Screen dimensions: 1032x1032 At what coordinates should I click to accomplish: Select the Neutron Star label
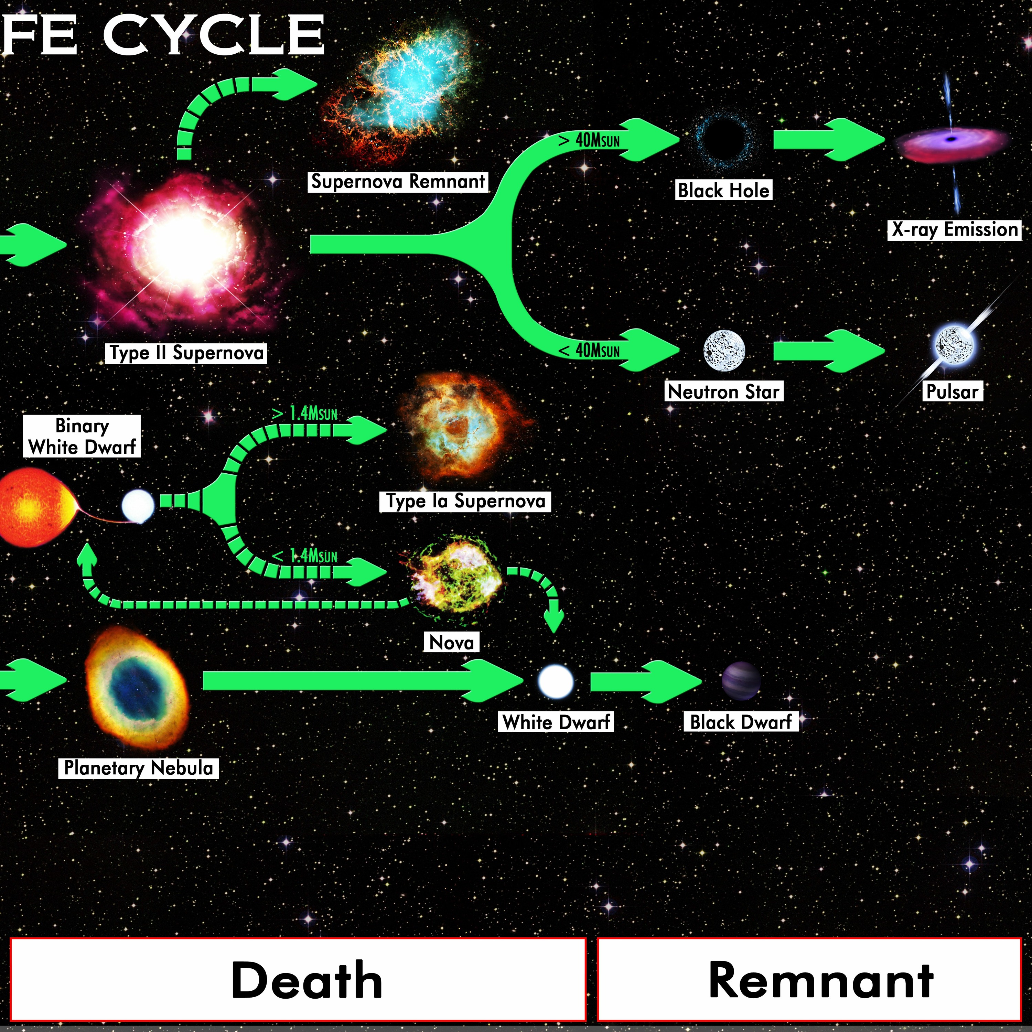[724, 391]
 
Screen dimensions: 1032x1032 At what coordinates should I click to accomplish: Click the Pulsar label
[952, 391]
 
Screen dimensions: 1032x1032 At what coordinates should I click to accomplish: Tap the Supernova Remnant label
[398, 182]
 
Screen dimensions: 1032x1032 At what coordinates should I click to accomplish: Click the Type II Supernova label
[186, 353]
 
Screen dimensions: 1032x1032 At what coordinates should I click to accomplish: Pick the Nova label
[451, 642]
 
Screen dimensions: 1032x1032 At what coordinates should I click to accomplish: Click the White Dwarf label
[556, 722]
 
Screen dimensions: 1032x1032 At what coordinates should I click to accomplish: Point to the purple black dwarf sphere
[741, 681]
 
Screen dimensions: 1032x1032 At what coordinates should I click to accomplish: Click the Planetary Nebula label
[138, 767]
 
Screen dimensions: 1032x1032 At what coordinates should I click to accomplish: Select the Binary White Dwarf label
[82, 436]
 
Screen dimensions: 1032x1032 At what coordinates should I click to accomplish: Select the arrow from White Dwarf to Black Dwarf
[646, 681]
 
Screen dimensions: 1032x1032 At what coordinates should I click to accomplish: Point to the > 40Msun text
[589, 140]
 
